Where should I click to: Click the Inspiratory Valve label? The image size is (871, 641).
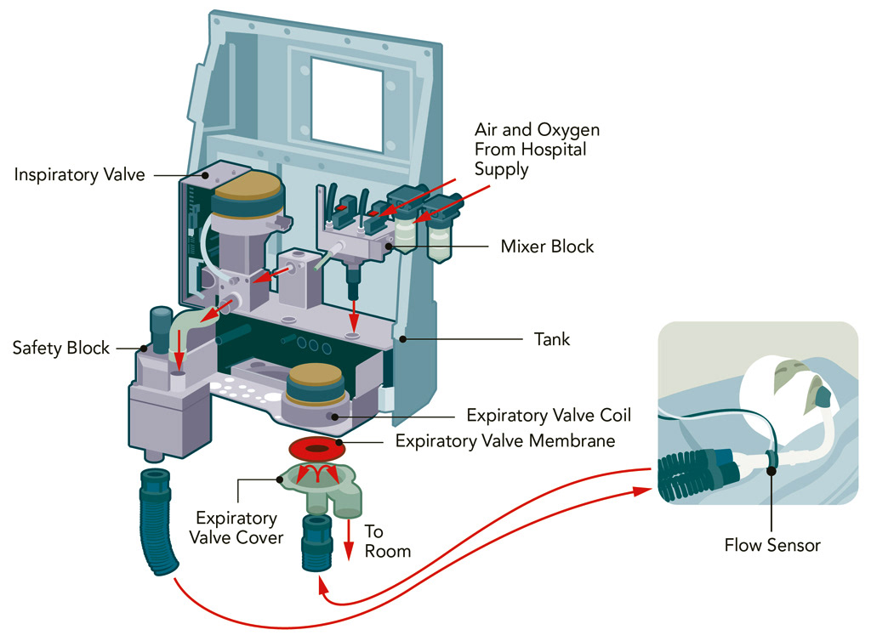click(x=80, y=175)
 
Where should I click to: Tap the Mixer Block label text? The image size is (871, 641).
click(x=547, y=247)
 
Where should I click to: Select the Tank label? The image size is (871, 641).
click(x=553, y=339)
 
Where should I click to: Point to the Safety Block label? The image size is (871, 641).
click(x=61, y=348)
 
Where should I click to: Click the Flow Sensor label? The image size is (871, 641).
click(x=772, y=545)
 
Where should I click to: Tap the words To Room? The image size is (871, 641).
click(x=387, y=542)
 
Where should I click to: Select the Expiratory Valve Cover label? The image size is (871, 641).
click(x=237, y=528)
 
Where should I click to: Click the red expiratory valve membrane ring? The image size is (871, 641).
click(x=315, y=447)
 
